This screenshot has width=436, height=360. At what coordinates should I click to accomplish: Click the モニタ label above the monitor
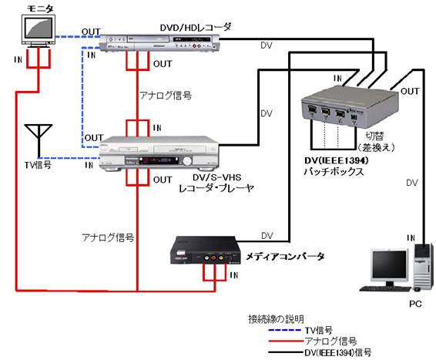[40, 8]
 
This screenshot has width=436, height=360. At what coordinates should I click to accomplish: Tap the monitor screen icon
[39, 30]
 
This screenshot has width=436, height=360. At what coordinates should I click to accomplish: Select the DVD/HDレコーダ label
[196, 27]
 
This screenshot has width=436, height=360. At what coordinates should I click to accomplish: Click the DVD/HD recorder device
[160, 42]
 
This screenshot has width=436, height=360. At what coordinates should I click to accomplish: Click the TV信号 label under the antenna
[38, 165]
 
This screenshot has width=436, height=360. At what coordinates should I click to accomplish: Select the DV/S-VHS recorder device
[159, 153]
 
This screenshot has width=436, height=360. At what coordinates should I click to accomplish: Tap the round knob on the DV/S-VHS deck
[187, 161]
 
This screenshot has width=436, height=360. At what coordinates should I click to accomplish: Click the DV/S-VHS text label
[217, 177]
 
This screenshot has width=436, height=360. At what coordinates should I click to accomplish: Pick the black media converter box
[205, 250]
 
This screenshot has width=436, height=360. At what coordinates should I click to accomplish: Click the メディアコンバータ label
[285, 256]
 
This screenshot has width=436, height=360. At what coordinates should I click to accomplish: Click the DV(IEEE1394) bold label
[337, 160]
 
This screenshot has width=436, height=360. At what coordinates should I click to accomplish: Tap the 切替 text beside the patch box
[374, 136]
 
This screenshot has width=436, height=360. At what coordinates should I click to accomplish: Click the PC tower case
[424, 267]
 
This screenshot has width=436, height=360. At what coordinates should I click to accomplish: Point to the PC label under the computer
[415, 304]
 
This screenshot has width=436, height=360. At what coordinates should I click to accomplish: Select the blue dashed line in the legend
[285, 330]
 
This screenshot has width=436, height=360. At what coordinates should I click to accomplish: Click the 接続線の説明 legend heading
[276, 319]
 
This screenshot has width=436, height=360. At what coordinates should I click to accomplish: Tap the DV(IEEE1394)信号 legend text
[338, 352]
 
